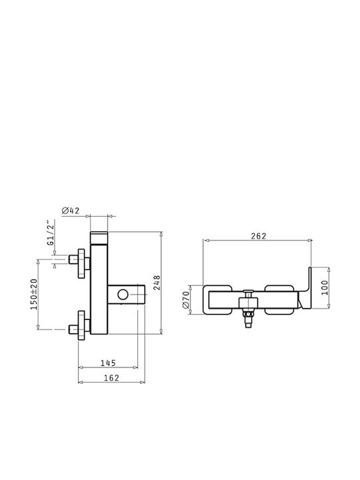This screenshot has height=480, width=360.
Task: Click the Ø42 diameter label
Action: [71, 211]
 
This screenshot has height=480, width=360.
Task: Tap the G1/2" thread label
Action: [51, 233]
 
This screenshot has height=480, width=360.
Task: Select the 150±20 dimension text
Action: [34, 294]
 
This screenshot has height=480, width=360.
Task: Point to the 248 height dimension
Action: [157, 283]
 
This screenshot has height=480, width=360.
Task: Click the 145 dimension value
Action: [109, 363]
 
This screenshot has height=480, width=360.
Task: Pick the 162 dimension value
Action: [111, 378]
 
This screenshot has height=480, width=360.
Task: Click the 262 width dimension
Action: [259, 236]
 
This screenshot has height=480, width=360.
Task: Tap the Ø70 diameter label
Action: [186, 300]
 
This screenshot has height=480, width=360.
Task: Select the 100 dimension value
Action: [325, 287]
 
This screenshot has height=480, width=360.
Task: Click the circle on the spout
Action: [123, 295]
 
